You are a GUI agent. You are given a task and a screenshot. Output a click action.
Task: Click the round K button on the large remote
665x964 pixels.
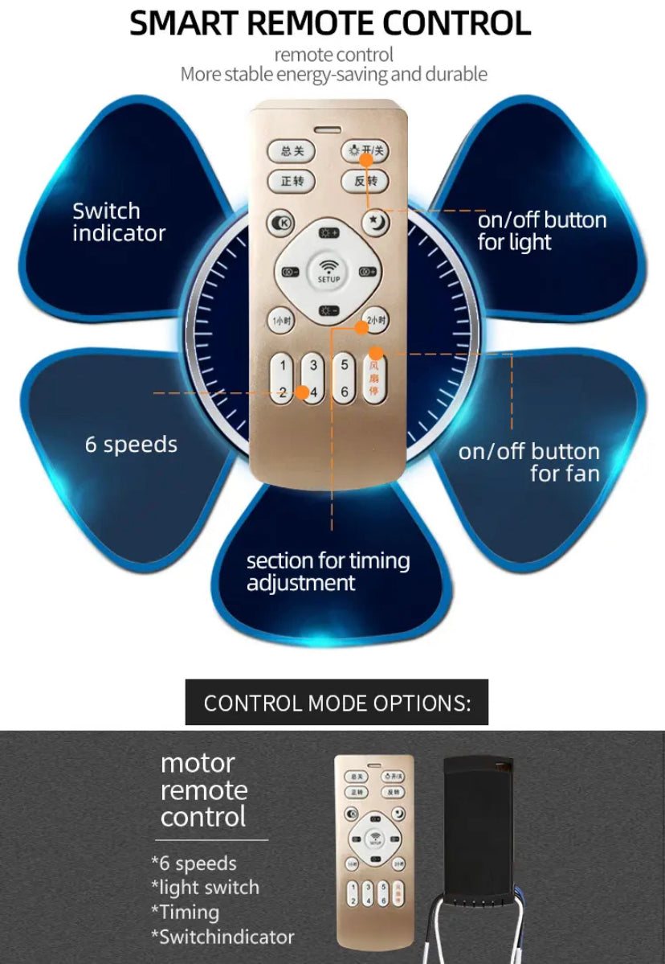(x=281, y=222)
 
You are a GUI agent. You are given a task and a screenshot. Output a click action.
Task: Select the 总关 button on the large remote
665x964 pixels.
(x=292, y=151)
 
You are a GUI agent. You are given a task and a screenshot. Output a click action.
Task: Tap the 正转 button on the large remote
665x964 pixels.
(x=292, y=181)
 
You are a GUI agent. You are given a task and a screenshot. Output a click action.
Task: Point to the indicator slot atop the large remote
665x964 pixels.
(x=328, y=129)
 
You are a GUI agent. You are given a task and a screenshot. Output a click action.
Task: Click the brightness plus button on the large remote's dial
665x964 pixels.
(x=328, y=233)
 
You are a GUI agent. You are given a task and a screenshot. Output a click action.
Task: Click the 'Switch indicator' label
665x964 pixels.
(x=119, y=223)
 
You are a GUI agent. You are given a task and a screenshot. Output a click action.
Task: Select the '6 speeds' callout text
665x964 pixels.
(x=131, y=445)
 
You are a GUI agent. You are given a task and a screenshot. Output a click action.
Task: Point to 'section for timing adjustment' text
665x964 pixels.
(x=328, y=572)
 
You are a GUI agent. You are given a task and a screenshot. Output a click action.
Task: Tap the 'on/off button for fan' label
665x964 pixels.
(x=529, y=462)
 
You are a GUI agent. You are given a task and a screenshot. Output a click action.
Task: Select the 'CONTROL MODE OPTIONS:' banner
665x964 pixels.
(x=337, y=703)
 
